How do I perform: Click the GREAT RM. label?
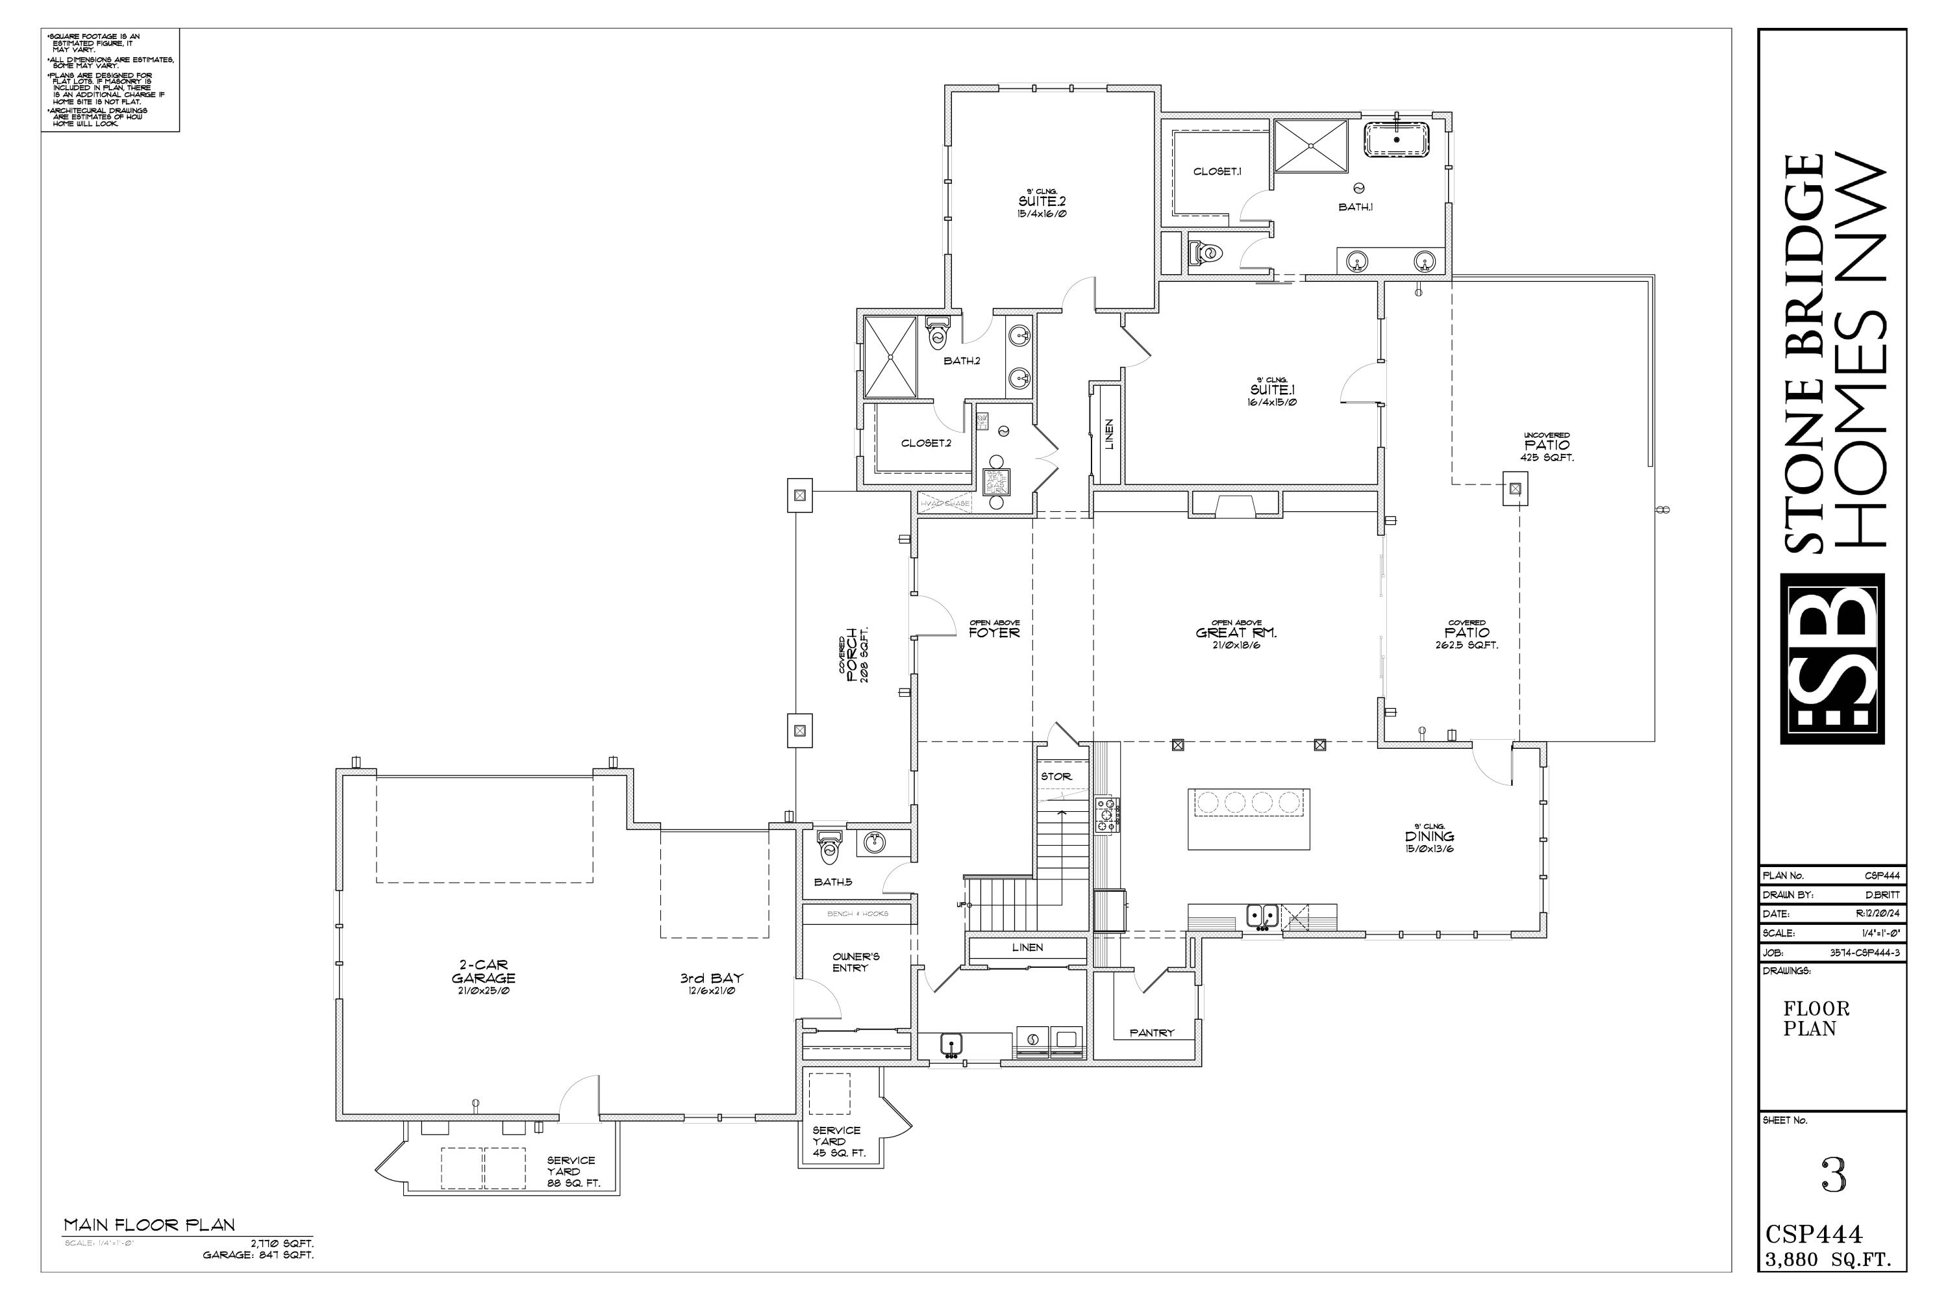pos(1236,633)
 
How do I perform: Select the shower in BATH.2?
pos(890,357)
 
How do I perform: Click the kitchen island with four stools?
pos(1248,818)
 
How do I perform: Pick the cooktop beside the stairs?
pos(1106,814)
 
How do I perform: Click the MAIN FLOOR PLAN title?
pos(150,1224)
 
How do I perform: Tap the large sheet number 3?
pos(1834,1176)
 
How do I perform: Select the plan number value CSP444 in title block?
pos(1882,876)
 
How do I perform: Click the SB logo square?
pos(1832,659)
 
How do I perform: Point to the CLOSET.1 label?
pos(1217,171)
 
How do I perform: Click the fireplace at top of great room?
pos(1235,505)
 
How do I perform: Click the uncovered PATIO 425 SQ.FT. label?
pos(1546,446)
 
